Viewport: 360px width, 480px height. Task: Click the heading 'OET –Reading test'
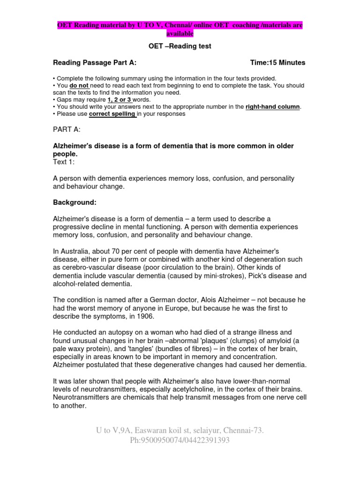click(180, 46)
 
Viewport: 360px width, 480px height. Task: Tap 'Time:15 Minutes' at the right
click(277, 62)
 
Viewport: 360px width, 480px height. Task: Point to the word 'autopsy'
click(124, 332)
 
